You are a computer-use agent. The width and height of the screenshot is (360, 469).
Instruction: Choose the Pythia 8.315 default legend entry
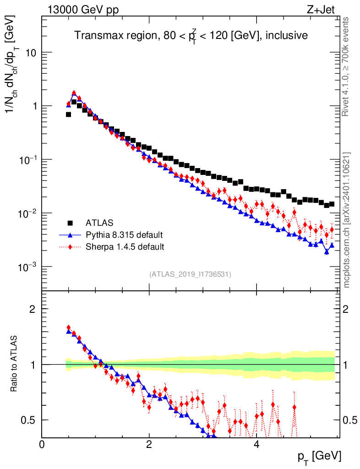point(124,235)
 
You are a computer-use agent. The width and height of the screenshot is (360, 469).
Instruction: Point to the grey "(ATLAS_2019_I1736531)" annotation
point(190,274)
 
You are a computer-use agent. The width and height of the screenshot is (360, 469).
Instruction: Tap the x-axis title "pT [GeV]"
point(320,456)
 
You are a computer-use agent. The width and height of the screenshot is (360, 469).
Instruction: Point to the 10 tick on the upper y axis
point(30,53)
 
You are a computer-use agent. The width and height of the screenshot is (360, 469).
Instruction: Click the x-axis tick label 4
point(256,444)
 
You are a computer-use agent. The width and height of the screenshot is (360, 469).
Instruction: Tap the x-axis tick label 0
point(42,444)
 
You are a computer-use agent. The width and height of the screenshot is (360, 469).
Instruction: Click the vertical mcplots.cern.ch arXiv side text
point(346,220)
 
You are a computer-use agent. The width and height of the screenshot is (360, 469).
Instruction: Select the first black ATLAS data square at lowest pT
point(68,115)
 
